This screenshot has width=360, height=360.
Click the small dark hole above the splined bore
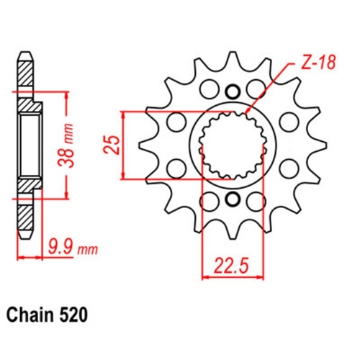point(231,91)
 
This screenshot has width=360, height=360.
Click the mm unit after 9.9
point(88,251)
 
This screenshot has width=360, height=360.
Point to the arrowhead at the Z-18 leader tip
point(246,115)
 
